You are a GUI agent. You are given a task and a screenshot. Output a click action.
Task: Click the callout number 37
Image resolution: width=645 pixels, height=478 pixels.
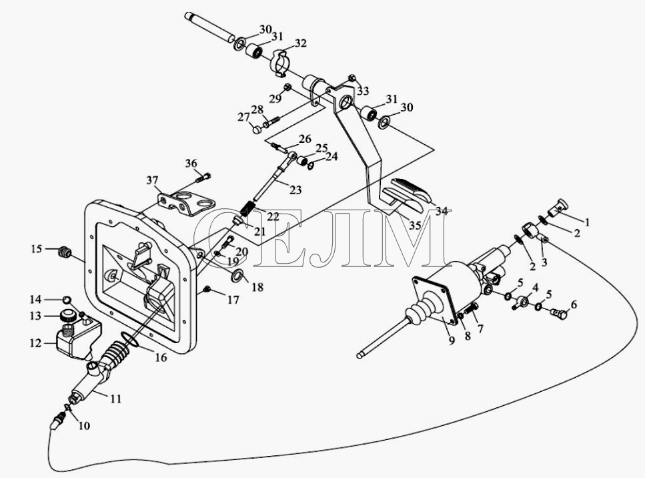[152, 180]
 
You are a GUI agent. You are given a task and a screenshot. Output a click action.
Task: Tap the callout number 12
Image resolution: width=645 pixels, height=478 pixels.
[36, 342]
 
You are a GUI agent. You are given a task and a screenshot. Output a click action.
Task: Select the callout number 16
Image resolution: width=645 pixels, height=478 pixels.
[161, 358]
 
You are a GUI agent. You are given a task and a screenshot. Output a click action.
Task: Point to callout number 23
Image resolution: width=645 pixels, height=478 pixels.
[295, 190]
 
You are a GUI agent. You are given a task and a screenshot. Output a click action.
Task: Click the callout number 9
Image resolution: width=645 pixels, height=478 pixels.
[452, 341]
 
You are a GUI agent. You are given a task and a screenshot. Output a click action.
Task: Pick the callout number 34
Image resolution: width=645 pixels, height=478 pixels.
[442, 212]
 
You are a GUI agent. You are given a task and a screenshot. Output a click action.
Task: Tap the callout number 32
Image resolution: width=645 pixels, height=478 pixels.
[301, 43]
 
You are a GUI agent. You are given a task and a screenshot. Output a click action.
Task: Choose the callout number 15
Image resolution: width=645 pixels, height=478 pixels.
[37, 248]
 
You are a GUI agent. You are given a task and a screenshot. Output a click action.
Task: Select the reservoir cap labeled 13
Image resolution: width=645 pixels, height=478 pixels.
[67, 316]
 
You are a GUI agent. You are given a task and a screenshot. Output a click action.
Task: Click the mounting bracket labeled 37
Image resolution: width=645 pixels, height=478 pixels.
[185, 203]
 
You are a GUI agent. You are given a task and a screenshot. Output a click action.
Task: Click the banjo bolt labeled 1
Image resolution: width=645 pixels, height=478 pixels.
[556, 206]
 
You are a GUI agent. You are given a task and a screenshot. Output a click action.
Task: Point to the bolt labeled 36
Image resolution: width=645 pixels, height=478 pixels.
[203, 178]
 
